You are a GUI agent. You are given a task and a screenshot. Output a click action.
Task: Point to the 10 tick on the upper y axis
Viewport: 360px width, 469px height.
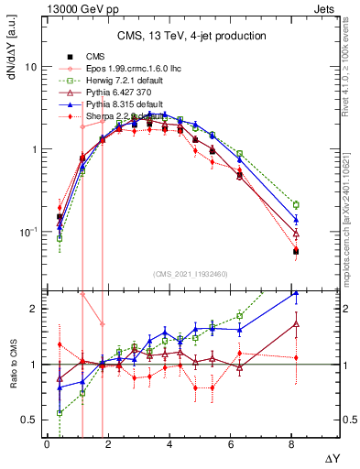31,68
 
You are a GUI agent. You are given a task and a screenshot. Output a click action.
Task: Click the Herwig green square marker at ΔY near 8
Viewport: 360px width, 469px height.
296,205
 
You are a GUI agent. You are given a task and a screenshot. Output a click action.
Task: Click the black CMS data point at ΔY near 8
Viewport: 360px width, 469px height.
296,251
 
